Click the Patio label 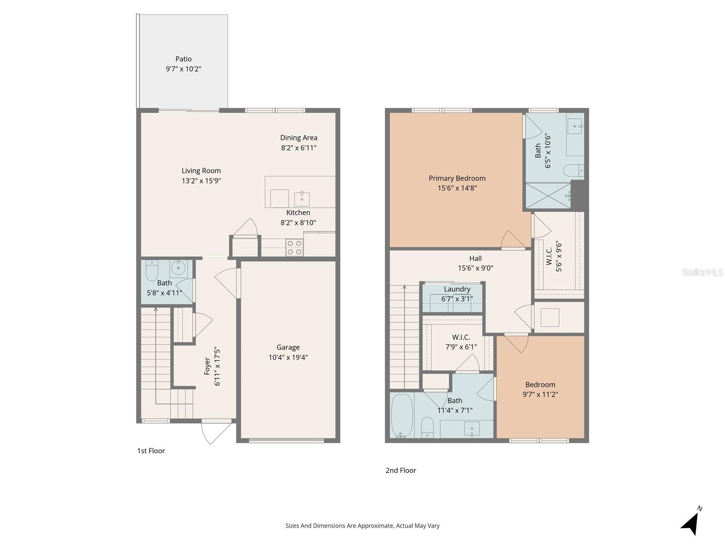184,59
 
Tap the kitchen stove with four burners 295,248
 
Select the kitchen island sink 302,199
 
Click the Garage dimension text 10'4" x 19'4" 288,357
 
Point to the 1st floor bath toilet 152,271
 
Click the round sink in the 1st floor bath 179,268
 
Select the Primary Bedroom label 457,178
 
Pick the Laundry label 457,289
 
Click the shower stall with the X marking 548,195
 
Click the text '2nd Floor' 401,471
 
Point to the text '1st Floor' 151,451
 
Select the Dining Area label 299,138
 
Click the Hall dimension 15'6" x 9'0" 475,268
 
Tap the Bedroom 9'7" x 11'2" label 540,389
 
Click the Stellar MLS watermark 702,272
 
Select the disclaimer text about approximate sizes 362,526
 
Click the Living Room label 201,171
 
